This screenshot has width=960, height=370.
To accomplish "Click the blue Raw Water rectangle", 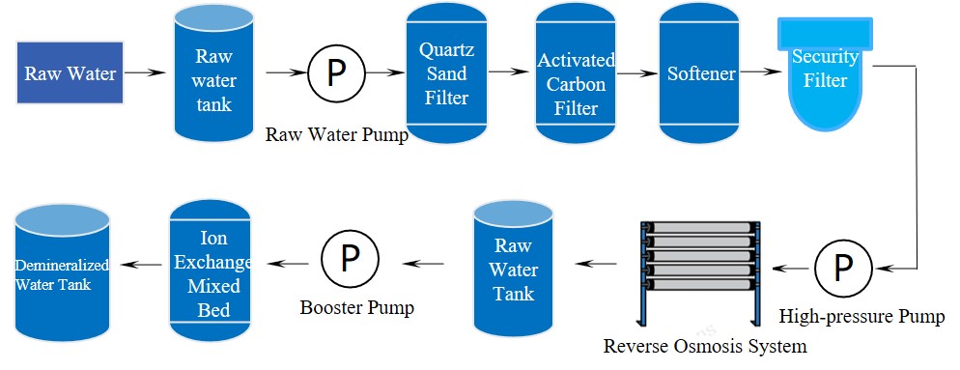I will [x=70, y=73].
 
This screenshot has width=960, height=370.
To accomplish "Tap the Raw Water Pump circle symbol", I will [x=335, y=73].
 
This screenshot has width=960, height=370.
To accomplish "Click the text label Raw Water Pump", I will [x=336, y=134].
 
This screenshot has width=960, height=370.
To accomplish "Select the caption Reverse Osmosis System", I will [x=705, y=345].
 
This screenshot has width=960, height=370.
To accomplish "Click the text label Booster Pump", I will [x=356, y=308].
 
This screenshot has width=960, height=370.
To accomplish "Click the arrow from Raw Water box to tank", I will [x=144, y=72].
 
